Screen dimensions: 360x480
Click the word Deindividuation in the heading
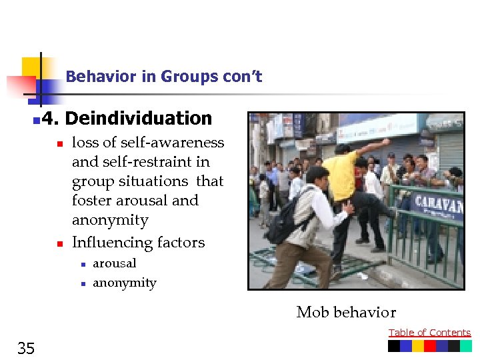pyautogui.click(x=139, y=119)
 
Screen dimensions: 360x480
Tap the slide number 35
pyautogui.click(x=26, y=347)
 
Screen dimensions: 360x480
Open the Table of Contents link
pyautogui.click(x=429, y=333)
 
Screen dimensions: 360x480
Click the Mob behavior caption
pyautogui.click(x=346, y=312)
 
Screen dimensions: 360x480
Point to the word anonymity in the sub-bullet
pyautogui.click(x=125, y=283)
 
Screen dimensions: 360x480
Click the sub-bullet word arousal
pyautogui.click(x=115, y=263)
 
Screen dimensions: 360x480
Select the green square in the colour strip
pyautogui.click(x=465, y=346)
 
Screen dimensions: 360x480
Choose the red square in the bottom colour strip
pyautogui.click(x=430, y=346)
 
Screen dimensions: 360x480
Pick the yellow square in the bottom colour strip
pyautogui.click(x=418, y=346)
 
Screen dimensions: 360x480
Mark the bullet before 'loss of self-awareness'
pyautogui.click(x=59, y=143)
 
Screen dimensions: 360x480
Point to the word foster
pyautogui.click(x=93, y=200)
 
